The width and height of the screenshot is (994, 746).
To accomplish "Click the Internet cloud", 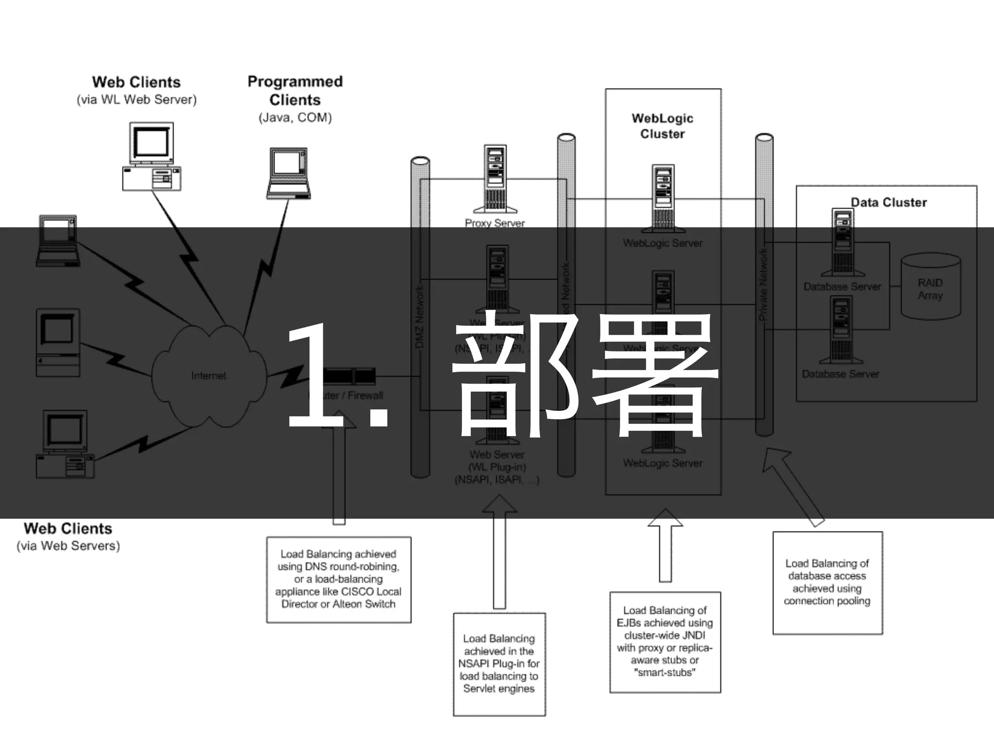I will click(209, 375).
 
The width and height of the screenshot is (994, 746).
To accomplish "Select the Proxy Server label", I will click(495, 223).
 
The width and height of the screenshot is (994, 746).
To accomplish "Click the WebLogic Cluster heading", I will click(663, 126).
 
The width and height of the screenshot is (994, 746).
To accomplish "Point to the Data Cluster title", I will click(889, 202).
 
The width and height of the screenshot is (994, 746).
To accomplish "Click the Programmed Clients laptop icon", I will click(288, 173).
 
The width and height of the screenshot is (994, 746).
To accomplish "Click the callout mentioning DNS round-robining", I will click(338, 579).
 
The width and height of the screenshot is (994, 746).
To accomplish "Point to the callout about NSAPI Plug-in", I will click(499, 663).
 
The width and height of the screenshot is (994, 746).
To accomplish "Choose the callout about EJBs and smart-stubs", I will click(665, 641).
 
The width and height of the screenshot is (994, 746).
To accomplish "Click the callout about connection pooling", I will click(827, 582).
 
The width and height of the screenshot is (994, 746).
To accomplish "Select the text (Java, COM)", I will click(295, 118).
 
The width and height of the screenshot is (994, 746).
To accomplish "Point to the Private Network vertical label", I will click(763, 285).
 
